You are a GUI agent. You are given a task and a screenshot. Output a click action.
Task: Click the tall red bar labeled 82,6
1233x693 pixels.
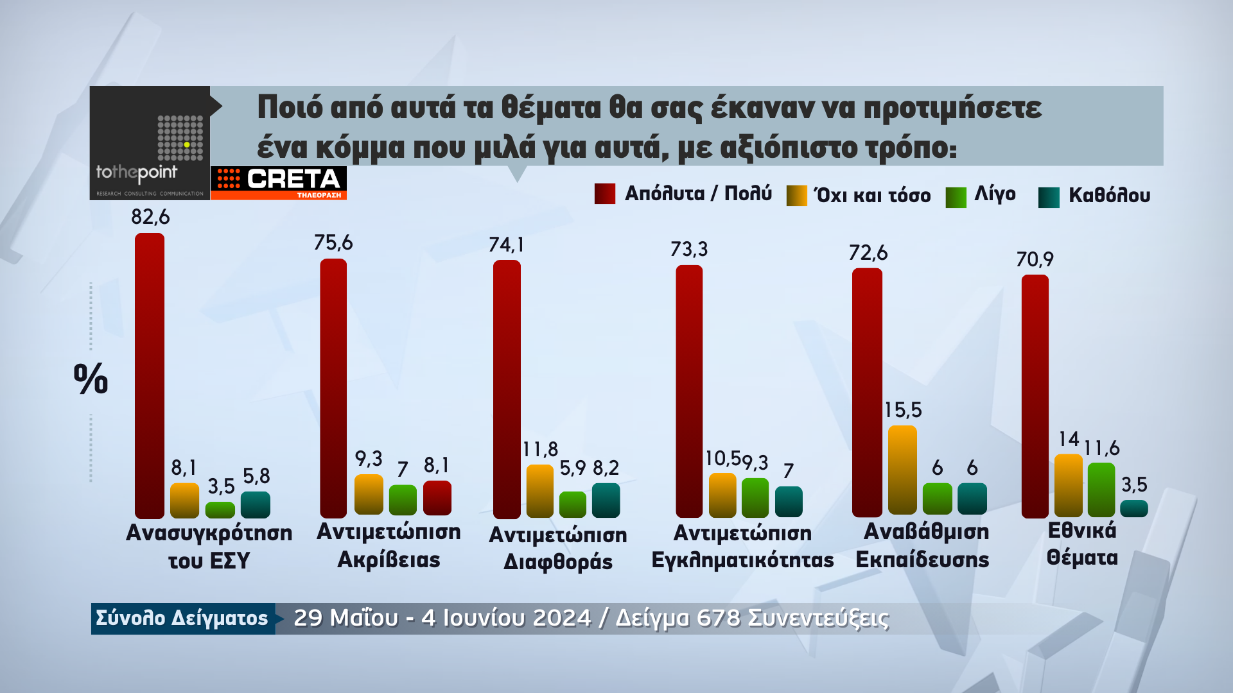150,375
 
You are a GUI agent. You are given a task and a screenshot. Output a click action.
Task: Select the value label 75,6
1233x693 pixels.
333,243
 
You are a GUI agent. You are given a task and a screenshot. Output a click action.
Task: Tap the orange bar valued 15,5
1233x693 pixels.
902,469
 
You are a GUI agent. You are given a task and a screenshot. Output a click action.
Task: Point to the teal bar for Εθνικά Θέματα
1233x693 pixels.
1134,508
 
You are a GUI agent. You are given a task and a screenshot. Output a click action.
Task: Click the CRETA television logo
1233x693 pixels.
279,183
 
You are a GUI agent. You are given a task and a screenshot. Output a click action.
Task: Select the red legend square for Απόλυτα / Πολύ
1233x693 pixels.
605,194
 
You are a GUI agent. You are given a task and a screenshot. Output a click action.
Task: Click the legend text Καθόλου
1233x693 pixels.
1109,195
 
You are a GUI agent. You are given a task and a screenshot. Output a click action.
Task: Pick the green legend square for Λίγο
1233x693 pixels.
956,197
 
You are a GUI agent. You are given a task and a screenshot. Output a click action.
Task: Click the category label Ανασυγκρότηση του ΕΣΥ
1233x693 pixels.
209,546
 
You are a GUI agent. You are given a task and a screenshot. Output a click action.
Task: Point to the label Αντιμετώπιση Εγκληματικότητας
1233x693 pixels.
742,546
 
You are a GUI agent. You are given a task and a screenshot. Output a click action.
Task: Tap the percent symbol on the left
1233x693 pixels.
91,379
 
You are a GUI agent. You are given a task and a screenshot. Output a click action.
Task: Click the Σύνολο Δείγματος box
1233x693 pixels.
182,618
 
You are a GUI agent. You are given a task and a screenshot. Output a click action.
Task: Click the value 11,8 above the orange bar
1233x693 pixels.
540,449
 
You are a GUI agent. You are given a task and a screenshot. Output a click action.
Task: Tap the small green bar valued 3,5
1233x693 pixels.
220,509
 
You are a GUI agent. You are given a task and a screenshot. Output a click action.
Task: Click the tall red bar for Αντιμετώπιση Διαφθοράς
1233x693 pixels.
507,389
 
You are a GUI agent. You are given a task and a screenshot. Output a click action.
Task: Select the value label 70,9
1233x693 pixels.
1035,259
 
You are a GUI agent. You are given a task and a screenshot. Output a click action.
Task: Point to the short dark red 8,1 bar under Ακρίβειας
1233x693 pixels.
437,497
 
